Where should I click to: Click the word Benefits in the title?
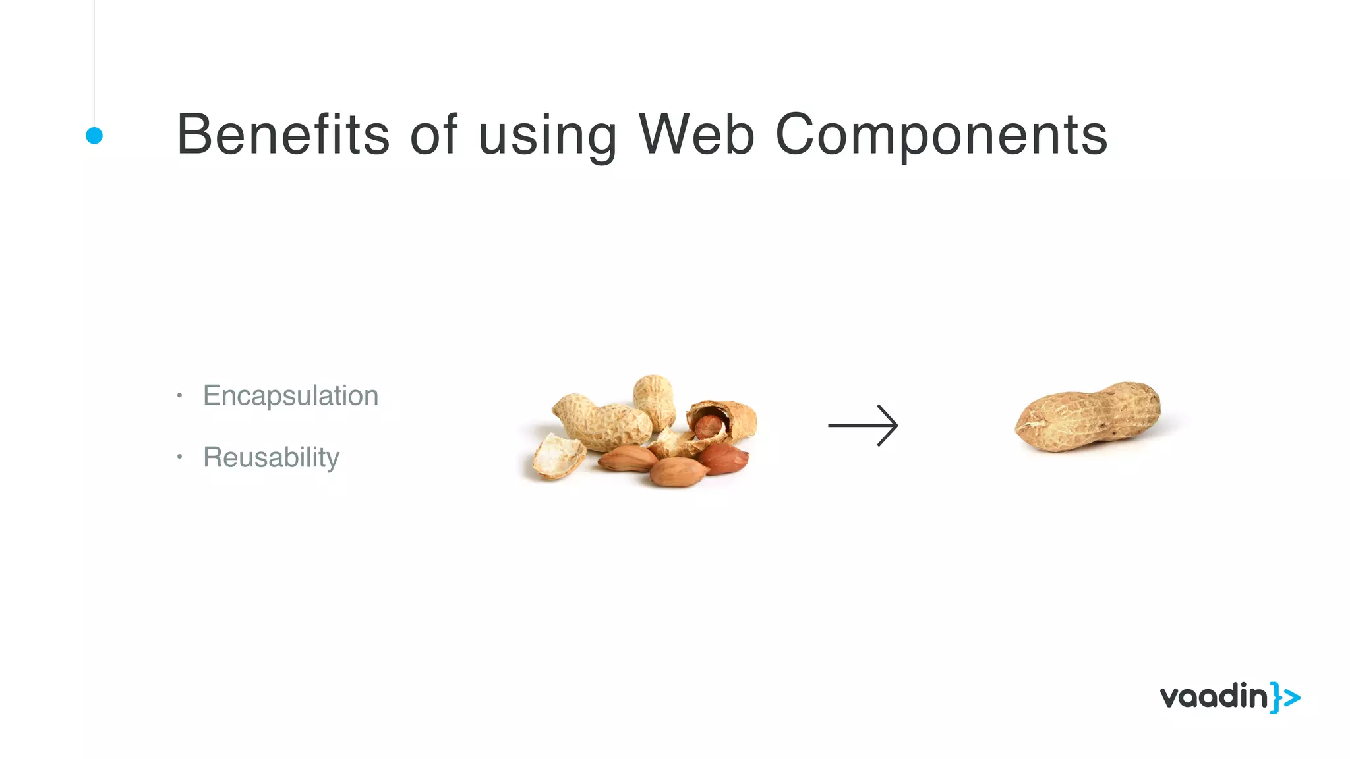[x=283, y=134]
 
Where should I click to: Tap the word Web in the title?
[x=696, y=134]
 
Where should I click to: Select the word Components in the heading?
[x=941, y=134]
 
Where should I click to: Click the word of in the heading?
[x=433, y=134]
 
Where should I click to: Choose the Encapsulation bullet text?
[x=291, y=395]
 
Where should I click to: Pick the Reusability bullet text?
[x=271, y=457]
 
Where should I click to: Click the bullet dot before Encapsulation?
[x=179, y=395]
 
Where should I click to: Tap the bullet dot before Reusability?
[x=179, y=456]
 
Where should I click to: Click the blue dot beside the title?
[x=94, y=136]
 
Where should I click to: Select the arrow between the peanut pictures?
[x=863, y=426]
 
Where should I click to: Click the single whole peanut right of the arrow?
[x=1088, y=416]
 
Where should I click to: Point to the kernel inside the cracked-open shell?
[x=709, y=425]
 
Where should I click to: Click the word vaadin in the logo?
[x=1213, y=697]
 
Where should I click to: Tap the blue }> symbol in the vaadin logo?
[x=1285, y=698]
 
